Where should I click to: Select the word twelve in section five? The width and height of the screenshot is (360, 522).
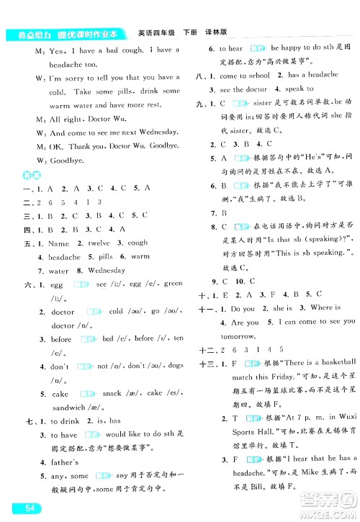pos(99,243)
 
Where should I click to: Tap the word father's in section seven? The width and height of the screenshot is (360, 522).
pos(67,462)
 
